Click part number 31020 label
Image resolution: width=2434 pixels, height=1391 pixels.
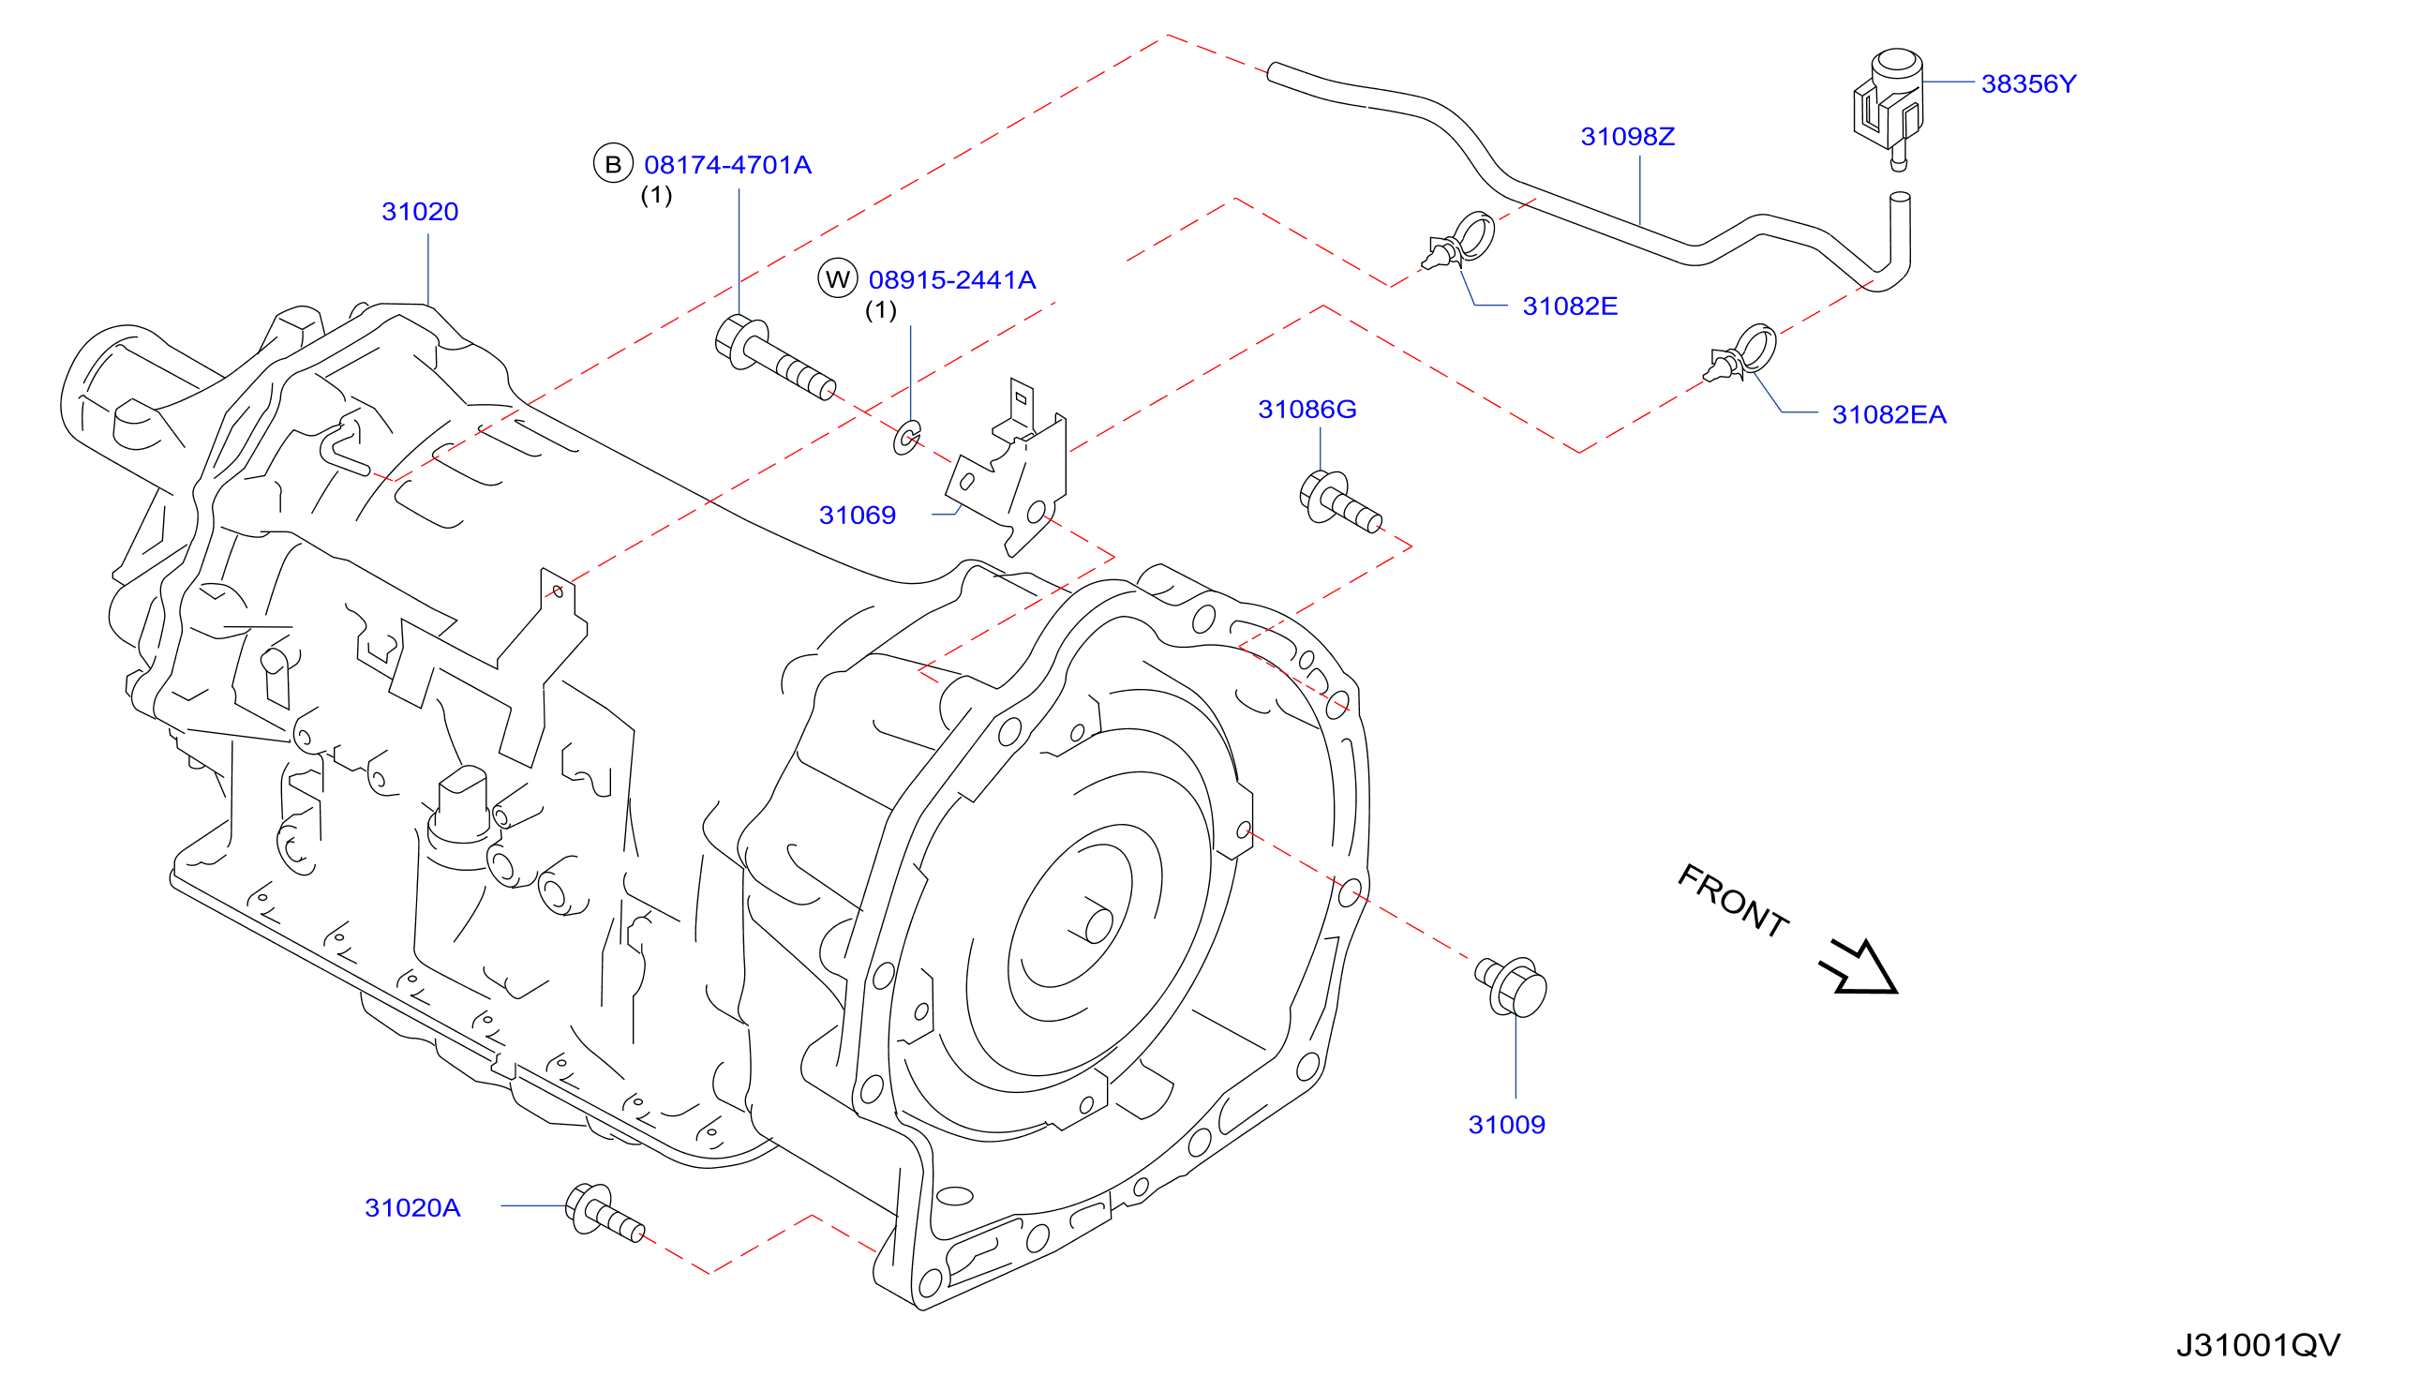tap(420, 211)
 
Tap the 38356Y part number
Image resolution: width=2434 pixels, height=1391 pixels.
tap(2028, 84)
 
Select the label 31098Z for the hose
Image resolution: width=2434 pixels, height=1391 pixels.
tap(1628, 137)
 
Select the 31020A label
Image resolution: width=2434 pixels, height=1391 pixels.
tap(412, 1208)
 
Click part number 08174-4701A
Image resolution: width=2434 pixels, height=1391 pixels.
tap(728, 165)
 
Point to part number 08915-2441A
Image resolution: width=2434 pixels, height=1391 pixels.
tap(952, 280)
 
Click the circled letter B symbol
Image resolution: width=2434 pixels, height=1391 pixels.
tap(613, 164)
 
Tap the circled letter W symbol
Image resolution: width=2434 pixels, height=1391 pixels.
tap(838, 279)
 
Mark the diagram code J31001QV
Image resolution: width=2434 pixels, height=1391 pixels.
tap(2258, 1346)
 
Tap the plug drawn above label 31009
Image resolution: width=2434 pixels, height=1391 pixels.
tap(1511, 988)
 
